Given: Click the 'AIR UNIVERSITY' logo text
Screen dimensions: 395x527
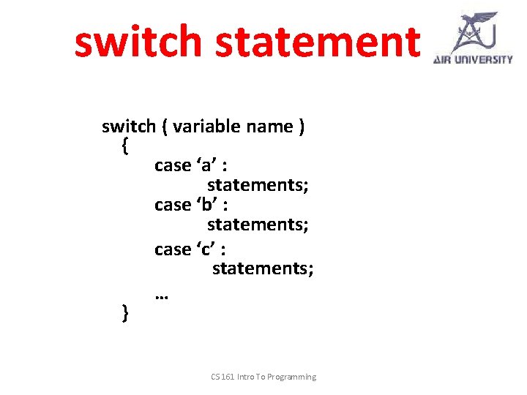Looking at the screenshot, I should pyautogui.click(x=473, y=60).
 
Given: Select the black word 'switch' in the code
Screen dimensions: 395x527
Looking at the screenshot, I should pyautogui.click(x=129, y=127).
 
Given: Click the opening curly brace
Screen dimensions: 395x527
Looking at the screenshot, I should pyautogui.click(x=124, y=146).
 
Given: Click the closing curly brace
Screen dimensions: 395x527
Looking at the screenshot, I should pyautogui.click(x=125, y=314).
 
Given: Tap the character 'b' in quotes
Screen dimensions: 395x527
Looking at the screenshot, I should pyautogui.click(x=203, y=206).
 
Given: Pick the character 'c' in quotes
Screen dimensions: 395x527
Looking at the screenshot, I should pyautogui.click(x=203, y=249).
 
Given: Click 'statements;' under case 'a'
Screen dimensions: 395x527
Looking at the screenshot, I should pyautogui.click(x=258, y=185).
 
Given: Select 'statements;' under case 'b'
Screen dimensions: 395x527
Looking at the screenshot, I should pyautogui.click(x=258, y=225).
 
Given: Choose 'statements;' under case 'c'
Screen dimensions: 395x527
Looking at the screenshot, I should pyautogui.click(x=263, y=268).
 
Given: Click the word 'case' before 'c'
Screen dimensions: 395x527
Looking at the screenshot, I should pyautogui.click(x=173, y=249).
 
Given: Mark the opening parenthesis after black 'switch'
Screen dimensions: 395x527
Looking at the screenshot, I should pyautogui.click(x=165, y=127).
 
